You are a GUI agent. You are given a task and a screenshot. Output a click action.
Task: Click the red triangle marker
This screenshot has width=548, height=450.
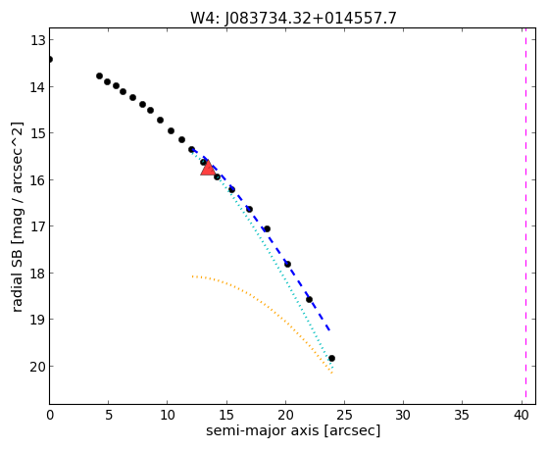coord(208,169)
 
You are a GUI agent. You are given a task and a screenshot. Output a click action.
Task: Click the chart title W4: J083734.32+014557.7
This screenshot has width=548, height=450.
coord(293,18)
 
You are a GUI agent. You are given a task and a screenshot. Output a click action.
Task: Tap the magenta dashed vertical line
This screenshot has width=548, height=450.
coord(525,216)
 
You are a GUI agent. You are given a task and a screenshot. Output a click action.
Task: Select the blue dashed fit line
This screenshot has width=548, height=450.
coord(261,240)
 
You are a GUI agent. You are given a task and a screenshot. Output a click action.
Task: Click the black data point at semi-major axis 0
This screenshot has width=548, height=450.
coord(50,59)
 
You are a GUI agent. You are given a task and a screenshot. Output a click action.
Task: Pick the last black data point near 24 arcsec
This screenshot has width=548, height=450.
coord(331,359)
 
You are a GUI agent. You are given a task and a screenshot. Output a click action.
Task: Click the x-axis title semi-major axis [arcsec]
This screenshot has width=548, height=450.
coord(293,430)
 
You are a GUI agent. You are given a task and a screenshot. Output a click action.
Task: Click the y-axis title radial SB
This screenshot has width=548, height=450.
coord(18,217)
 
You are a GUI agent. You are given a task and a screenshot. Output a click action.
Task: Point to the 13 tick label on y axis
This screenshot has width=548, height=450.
coord(37,40)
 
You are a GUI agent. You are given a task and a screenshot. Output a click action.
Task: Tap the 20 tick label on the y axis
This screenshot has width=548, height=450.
coord(37,367)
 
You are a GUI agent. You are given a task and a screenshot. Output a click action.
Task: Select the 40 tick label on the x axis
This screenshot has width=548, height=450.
coord(522,415)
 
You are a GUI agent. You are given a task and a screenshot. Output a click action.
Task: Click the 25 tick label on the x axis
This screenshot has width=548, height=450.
coord(344,415)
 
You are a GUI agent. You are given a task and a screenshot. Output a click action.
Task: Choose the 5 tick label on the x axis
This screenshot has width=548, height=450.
coord(109,415)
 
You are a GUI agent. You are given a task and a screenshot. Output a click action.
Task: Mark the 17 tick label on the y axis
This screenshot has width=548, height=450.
coord(37,226)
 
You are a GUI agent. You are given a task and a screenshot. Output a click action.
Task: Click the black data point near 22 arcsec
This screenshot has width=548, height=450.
coord(310,300)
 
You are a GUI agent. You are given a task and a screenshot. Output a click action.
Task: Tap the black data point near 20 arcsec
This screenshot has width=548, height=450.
coord(287,264)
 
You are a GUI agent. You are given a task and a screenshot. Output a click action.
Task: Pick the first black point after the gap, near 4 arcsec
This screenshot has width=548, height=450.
coord(100,75)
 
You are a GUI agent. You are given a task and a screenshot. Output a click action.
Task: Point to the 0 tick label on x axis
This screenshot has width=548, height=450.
coord(50,415)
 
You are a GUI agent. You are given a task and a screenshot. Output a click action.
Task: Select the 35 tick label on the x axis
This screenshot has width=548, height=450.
coord(462,415)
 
